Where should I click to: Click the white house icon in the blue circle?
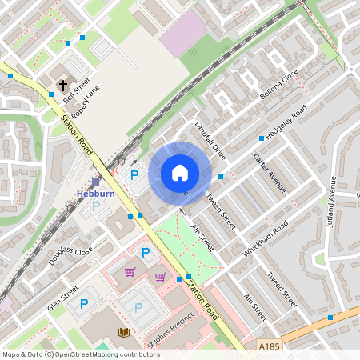pos(180,173)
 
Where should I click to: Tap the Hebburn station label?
pos(96,194)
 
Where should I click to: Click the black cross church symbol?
pos(63,84)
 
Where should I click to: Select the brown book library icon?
pos(123,331)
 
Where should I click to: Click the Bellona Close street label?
pos(279,84)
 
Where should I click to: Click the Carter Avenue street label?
pos(269,174)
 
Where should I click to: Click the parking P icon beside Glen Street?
pos(84,303)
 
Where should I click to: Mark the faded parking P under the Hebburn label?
pos(97,206)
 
